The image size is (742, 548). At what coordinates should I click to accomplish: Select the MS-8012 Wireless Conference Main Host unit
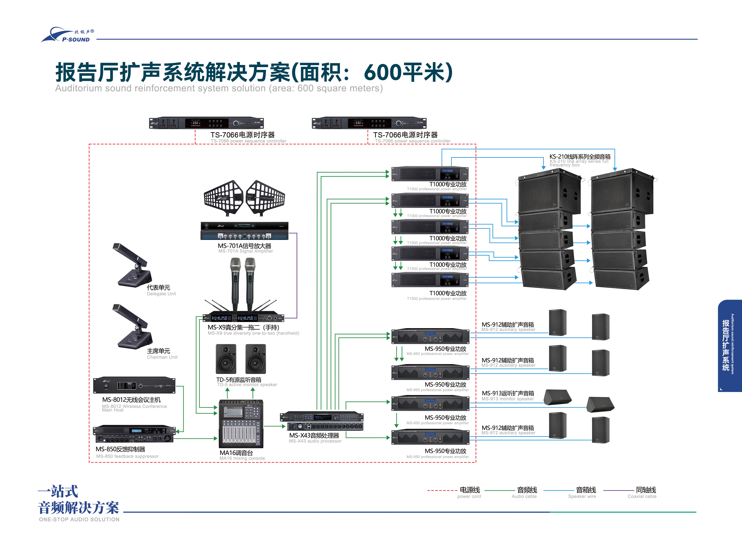click(134, 385)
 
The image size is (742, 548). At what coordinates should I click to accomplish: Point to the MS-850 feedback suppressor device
click(134, 434)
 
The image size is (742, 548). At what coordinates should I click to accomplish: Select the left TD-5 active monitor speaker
click(226, 359)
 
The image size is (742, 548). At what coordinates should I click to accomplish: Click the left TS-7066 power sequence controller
click(206, 123)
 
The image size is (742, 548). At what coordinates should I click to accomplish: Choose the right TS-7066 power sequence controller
click(369, 123)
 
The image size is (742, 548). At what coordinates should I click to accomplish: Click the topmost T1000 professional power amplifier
click(430, 174)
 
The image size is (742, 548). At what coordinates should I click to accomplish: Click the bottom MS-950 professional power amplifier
click(430, 438)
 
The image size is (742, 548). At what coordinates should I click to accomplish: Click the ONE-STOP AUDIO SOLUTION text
click(79, 519)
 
